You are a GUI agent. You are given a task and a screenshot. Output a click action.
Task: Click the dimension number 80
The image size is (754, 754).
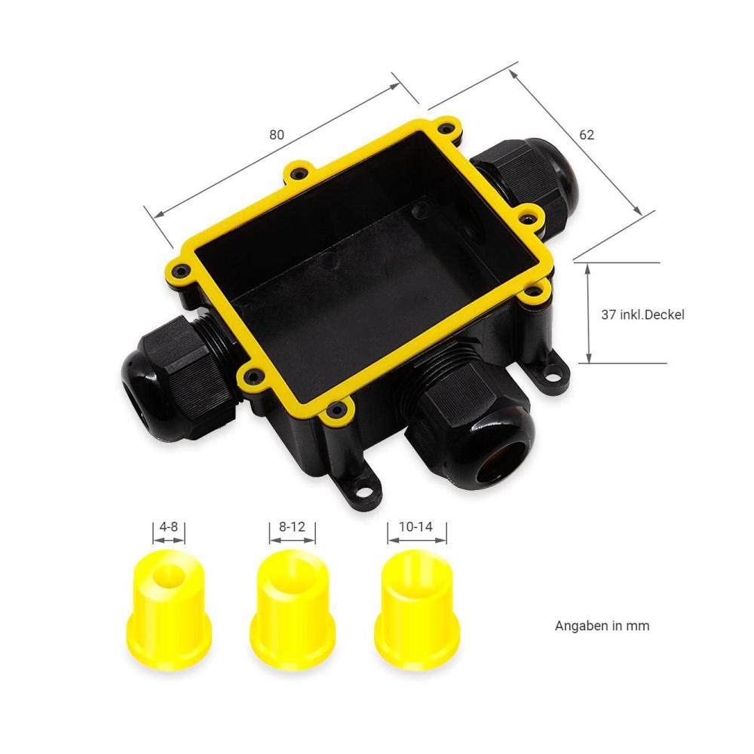(x=277, y=135)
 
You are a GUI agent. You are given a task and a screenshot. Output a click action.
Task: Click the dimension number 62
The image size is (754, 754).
(x=586, y=135)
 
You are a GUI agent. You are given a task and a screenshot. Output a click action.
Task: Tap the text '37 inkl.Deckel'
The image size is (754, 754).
(x=642, y=314)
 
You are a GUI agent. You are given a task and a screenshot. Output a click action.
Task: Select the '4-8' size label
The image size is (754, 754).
(x=168, y=526)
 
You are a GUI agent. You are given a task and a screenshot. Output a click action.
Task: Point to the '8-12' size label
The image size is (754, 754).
(x=292, y=526)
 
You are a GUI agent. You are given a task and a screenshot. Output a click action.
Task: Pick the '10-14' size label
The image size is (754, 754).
(x=415, y=526)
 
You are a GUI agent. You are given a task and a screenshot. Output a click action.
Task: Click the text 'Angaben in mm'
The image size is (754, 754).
(x=602, y=626)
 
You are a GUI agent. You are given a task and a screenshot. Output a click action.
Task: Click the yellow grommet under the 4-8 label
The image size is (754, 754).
(x=169, y=610)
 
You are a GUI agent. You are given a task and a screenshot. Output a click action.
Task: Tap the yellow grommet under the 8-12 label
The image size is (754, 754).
(x=293, y=610)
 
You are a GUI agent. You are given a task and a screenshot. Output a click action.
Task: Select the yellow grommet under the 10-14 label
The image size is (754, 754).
(x=417, y=610)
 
